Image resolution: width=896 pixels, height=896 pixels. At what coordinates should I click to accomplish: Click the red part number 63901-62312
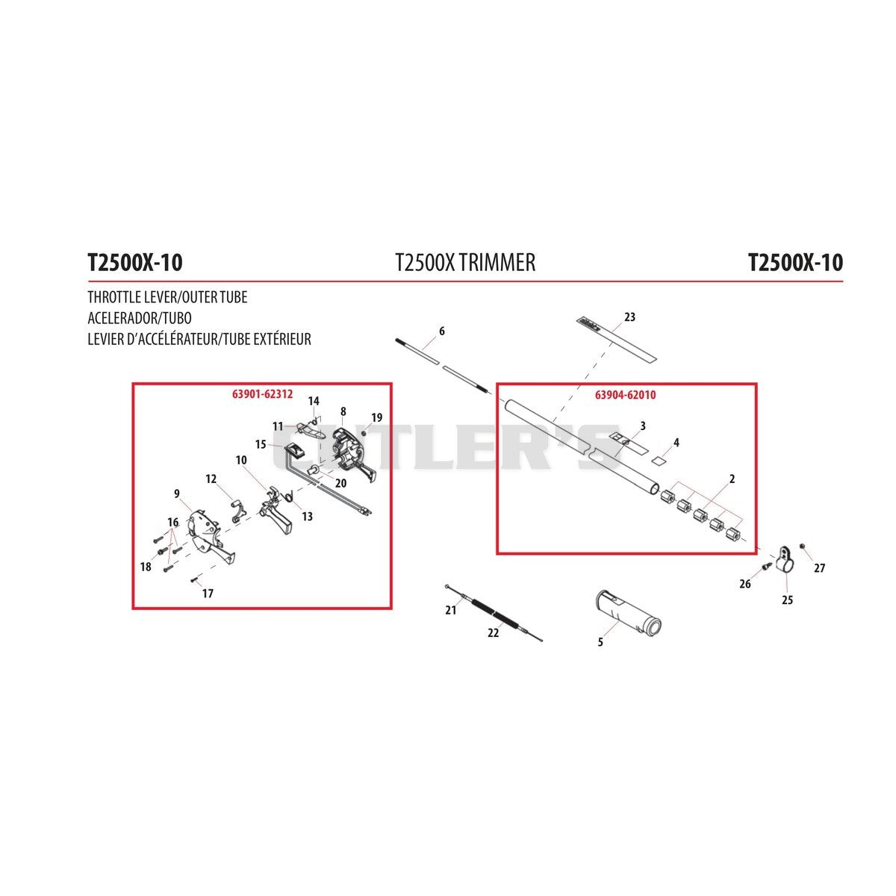tap(262, 394)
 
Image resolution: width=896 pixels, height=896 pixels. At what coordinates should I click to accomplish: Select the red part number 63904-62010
tap(626, 395)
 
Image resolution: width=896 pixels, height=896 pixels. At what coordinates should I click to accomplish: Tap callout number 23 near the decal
tap(629, 317)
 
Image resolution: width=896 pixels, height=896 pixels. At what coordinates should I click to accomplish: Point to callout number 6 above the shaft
tap(442, 331)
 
